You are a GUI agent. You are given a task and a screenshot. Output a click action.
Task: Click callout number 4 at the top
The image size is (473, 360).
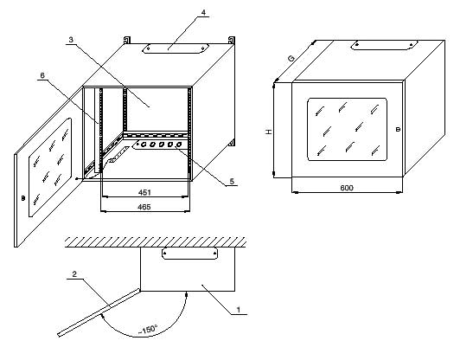point(203,12)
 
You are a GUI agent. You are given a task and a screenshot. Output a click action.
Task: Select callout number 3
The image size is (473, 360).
point(71,40)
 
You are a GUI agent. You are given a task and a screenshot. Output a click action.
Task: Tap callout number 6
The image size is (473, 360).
point(42,75)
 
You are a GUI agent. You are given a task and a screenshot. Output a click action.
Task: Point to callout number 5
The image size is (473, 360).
point(232,181)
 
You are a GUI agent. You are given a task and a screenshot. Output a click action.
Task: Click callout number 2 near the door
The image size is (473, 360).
point(74,274)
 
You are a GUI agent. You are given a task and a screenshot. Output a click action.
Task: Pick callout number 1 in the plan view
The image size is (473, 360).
point(239,310)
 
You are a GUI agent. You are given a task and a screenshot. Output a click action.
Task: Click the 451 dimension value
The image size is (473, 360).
point(144,192)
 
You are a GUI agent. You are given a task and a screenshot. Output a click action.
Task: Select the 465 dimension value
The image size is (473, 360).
point(144,207)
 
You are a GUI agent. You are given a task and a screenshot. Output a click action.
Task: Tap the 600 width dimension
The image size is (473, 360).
point(347,188)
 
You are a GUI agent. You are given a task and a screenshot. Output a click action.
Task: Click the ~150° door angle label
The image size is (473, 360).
point(148,330)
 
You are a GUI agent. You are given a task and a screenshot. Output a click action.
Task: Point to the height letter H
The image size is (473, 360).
point(268,132)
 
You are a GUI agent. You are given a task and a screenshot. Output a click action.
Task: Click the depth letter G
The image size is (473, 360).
point(291,58)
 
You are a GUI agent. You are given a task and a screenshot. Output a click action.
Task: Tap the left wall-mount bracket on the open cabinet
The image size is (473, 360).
point(127,40)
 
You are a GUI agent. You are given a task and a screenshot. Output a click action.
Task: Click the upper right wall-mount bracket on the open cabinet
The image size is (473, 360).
point(232,40)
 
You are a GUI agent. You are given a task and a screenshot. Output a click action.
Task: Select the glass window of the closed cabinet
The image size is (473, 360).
point(348,129)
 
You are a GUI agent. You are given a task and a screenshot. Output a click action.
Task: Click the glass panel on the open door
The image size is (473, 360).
point(50,167)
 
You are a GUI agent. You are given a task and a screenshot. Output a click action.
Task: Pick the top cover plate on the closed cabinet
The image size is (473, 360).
point(384,45)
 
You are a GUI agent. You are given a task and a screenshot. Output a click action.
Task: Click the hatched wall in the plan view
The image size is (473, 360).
point(156,242)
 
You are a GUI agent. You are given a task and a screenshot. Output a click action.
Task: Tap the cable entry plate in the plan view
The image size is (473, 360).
point(190,254)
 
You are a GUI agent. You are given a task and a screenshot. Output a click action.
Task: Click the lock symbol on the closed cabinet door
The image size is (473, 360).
point(398,129)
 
